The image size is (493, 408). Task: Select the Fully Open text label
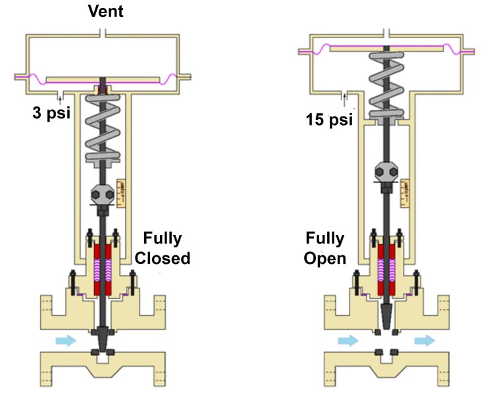tap(324, 247)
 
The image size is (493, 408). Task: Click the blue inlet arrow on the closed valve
tap(66, 341)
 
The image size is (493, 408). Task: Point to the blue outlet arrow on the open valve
tap(425, 340)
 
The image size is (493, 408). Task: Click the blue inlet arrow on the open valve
tap(348, 340)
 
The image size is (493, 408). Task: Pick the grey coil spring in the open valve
tap(388, 86)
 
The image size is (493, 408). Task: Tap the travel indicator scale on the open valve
tap(404, 190)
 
